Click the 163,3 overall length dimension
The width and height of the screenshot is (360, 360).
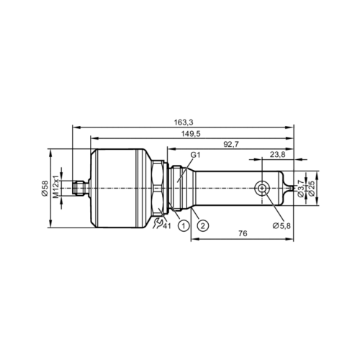(x=184, y=122)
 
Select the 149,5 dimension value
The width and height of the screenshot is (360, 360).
(x=191, y=134)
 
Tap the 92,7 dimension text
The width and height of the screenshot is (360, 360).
(x=231, y=144)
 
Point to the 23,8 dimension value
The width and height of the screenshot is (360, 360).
(x=278, y=155)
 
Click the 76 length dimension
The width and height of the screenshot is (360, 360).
(x=243, y=233)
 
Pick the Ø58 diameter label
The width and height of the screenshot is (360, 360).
(x=45, y=189)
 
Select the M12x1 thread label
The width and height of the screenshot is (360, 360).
(x=55, y=187)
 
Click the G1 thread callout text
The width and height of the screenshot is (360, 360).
(x=195, y=155)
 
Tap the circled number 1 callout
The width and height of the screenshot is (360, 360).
(x=184, y=225)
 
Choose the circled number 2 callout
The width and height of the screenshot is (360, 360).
(x=203, y=225)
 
